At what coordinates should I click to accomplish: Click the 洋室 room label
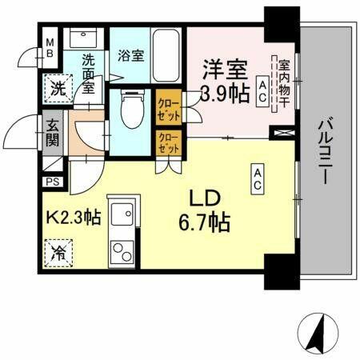click(226, 69)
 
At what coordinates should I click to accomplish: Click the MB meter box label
click(50, 48)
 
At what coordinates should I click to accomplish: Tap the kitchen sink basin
click(122, 215)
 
